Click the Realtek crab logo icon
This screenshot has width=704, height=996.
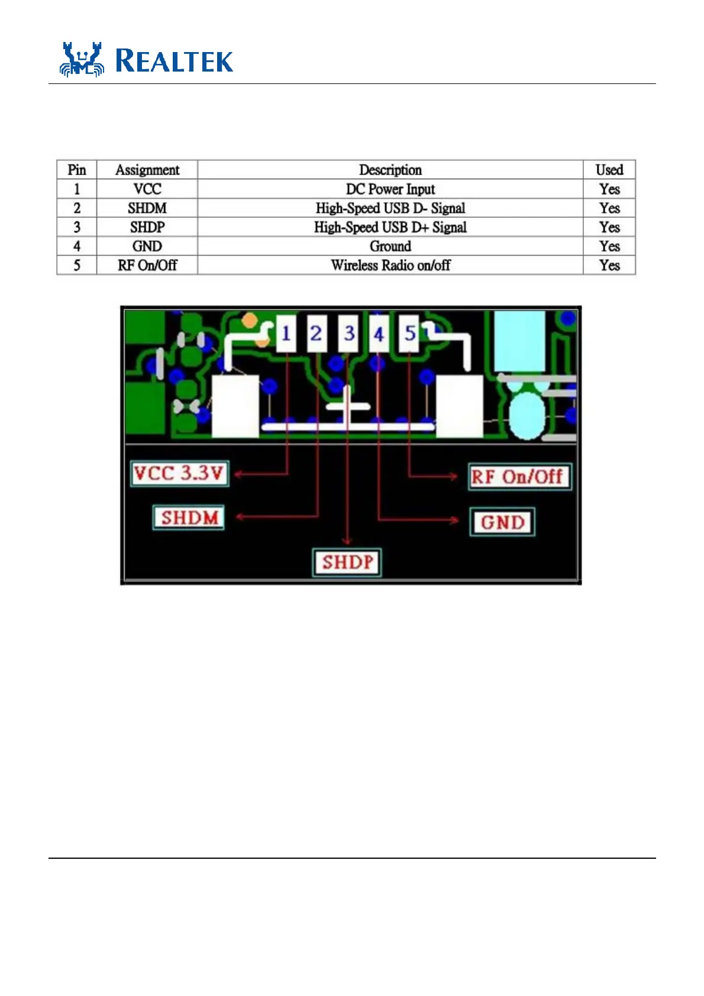pyautogui.click(x=82, y=60)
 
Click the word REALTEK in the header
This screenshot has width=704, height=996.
pyautogui.click(x=174, y=62)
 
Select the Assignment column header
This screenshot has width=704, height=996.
pyautogui.click(x=147, y=170)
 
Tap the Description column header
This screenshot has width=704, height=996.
pyautogui.click(x=390, y=170)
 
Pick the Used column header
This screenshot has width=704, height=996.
pyautogui.click(x=609, y=170)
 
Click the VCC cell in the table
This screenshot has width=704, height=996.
pyautogui.click(x=147, y=189)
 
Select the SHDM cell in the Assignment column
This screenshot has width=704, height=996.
pyautogui.click(x=147, y=208)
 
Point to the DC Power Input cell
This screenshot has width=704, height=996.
pyautogui.click(x=390, y=189)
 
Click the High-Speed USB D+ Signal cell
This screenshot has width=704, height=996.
pyautogui.click(x=390, y=227)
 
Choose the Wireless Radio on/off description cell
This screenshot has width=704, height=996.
pyautogui.click(x=390, y=265)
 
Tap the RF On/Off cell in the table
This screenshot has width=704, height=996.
pyautogui.click(x=147, y=265)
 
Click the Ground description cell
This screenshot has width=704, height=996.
pyautogui.click(x=390, y=246)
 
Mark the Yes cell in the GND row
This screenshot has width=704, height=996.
pyautogui.click(x=609, y=246)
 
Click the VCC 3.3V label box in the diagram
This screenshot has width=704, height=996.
pyautogui.click(x=179, y=473)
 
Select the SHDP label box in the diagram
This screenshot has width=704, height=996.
pyautogui.click(x=347, y=562)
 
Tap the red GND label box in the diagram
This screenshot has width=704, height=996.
pyautogui.click(x=502, y=522)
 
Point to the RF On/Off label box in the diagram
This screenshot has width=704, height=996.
pyautogui.click(x=519, y=477)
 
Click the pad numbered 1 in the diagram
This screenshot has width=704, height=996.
pyautogui.click(x=286, y=334)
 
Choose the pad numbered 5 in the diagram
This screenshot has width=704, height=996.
pyautogui.click(x=409, y=334)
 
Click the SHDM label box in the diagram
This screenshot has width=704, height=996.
pyautogui.click(x=189, y=518)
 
